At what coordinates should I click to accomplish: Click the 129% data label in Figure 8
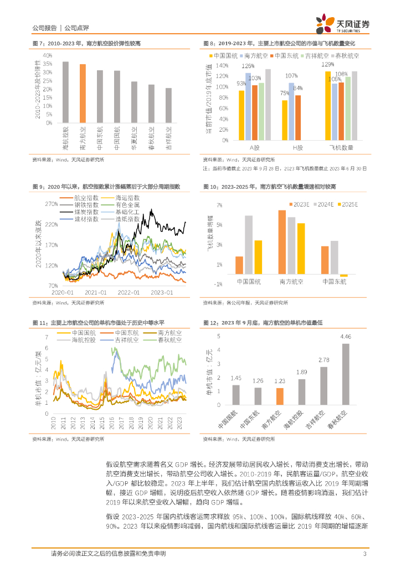pos(328,65)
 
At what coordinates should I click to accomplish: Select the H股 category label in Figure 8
pos(291,148)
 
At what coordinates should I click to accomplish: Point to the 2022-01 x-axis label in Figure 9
pos(129,291)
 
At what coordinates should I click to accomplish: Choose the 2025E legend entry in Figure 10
pos(347,204)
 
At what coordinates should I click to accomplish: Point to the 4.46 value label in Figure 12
pos(346,337)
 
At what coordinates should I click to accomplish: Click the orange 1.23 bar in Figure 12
pos(280,395)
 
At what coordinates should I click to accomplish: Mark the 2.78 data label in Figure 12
pos(323,360)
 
